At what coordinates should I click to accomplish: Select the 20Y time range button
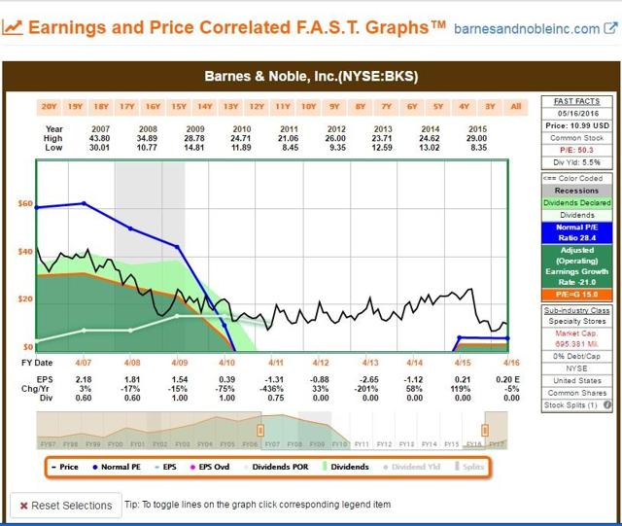[x=49, y=106]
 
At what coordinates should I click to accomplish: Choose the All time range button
[x=515, y=106]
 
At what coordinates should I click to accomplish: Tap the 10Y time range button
[x=309, y=106]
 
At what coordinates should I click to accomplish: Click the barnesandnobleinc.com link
[x=540, y=28]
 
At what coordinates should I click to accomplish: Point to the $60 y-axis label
[x=25, y=204]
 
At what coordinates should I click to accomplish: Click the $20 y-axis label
[x=25, y=298]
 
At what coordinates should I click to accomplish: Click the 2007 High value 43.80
[x=100, y=139]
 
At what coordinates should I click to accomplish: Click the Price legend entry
[x=66, y=467]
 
